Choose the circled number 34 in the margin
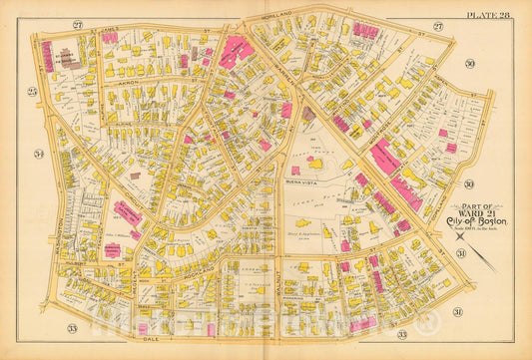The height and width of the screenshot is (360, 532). [40, 154]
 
